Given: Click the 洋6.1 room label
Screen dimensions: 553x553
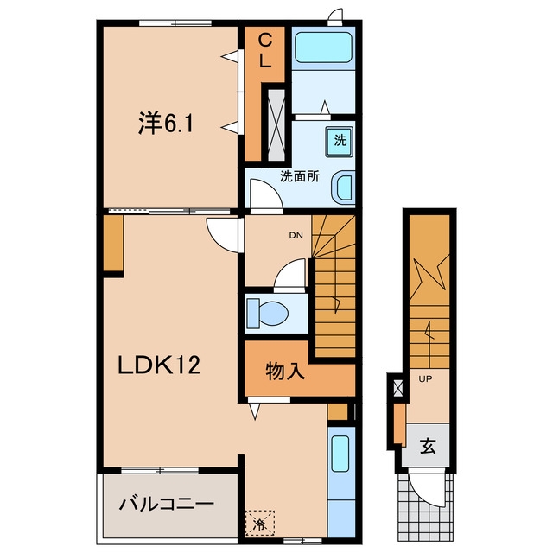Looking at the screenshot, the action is [165, 123].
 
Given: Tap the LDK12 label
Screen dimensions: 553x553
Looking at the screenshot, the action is [159, 365].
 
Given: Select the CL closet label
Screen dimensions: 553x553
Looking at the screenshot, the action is [265, 51].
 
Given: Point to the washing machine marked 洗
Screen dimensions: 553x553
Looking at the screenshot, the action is [340, 141].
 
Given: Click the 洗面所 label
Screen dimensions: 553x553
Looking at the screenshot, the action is [300, 176].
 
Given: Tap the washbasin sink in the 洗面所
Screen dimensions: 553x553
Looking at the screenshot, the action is [343, 188].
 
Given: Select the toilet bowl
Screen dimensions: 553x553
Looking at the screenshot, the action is [268, 313].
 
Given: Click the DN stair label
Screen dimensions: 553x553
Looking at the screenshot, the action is [296, 236].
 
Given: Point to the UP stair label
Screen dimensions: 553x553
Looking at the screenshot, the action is [425, 379].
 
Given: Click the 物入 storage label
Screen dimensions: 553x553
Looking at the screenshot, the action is [285, 372].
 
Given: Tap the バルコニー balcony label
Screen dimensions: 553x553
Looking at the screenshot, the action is [167, 504].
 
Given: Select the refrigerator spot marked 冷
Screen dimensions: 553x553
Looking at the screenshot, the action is [260, 523].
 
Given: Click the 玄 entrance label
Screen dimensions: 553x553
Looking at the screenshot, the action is [428, 446].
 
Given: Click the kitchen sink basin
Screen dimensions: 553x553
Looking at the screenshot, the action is [340, 454].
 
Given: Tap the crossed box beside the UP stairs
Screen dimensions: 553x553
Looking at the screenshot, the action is [397, 387].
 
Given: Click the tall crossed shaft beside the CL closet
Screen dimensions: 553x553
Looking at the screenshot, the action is [276, 124].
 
